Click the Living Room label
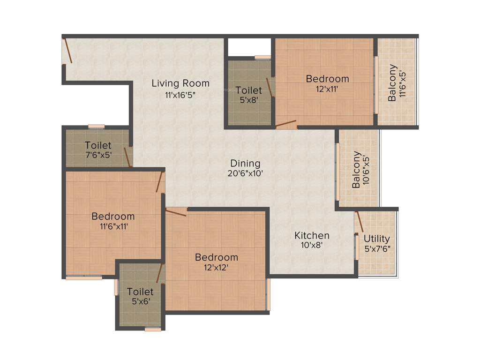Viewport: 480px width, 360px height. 180,83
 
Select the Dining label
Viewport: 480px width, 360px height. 245,163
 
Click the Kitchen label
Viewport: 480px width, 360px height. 312,235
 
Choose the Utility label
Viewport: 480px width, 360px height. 377,239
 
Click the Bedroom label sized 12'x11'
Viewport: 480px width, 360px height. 327,78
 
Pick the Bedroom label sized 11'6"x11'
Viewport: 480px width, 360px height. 113,217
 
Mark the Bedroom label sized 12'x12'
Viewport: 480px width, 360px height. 217,257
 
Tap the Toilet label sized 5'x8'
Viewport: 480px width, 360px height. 248,90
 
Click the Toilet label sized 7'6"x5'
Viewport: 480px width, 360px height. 98,145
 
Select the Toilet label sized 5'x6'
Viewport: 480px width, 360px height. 140,292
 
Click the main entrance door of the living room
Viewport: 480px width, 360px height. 68,51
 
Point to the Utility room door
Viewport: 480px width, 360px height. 359,221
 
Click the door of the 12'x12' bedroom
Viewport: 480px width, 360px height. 176,212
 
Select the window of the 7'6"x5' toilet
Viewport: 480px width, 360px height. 97,126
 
